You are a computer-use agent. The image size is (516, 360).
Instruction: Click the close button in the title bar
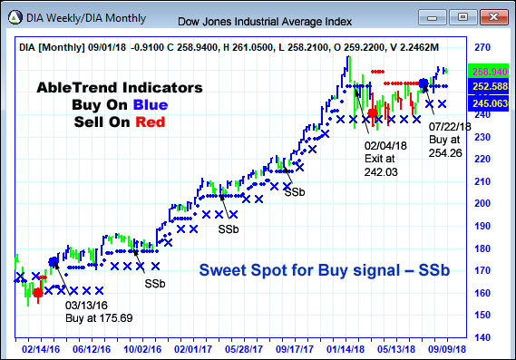click(x=492, y=16)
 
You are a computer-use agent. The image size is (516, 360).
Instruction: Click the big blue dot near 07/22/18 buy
click(x=423, y=83)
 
